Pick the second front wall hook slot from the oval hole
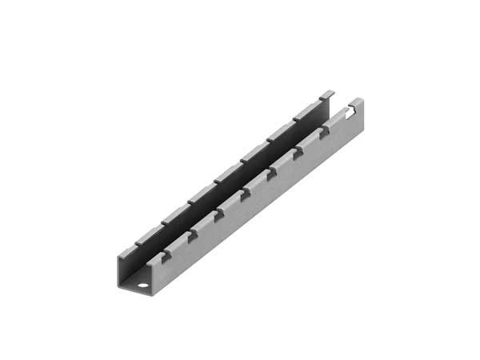[x=192, y=235]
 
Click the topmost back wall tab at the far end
[x=327, y=94]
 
